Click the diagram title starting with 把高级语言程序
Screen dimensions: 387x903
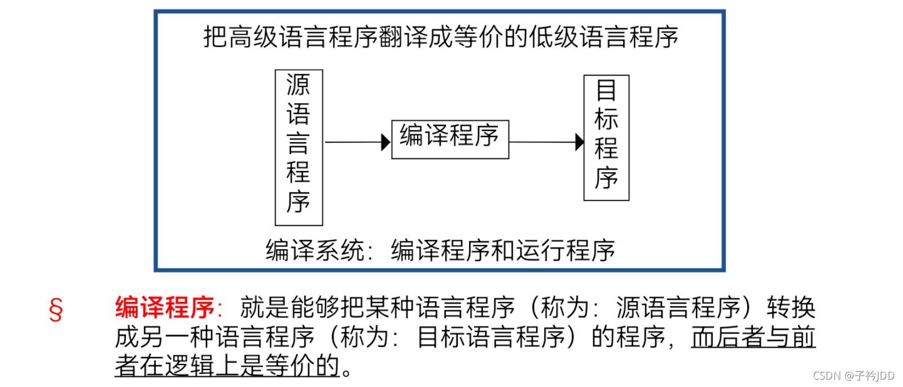pyautogui.click(x=440, y=37)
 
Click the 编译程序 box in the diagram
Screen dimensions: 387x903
pyautogui.click(x=450, y=139)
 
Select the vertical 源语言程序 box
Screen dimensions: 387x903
pyautogui.click(x=299, y=147)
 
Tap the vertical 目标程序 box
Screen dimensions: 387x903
pyautogui.click(x=606, y=138)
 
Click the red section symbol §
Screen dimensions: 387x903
pyautogui.click(x=55, y=310)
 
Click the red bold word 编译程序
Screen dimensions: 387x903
pyautogui.click(x=165, y=308)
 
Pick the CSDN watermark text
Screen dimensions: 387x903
pyautogui.click(x=853, y=376)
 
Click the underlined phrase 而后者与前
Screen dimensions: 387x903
pyautogui.click(x=753, y=337)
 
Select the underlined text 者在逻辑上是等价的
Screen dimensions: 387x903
pyautogui.click(x=227, y=366)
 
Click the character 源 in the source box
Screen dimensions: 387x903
pyautogui.click(x=299, y=85)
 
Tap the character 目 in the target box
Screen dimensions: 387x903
pyautogui.click(x=606, y=90)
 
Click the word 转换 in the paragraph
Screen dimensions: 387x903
pyautogui.click(x=791, y=308)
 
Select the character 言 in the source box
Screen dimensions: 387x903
pyautogui.click(x=299, y=144)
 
